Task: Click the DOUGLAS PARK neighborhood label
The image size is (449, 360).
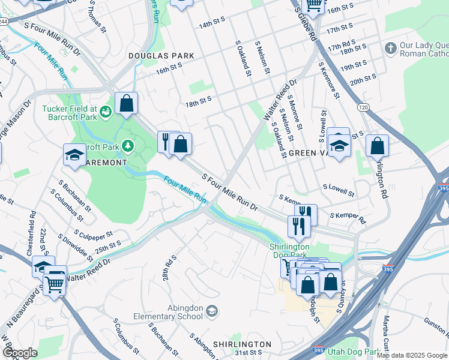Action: pos(161,56)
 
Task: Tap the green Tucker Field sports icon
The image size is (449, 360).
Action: pos(106,111)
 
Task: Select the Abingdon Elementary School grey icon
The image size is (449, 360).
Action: pos(211,310)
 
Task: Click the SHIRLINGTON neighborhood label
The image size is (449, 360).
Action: pos(244,344)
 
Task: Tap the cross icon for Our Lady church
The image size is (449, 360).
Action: pos(391,47)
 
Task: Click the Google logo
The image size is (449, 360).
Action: pos(19,352)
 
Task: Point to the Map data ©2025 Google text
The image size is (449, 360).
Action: pos(412,355)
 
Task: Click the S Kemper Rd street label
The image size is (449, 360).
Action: pos(347,217)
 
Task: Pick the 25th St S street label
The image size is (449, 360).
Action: pos(108,246)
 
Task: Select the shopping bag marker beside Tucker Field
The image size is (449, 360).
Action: pos(127,103)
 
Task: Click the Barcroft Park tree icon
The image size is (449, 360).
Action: pos(127,146)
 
